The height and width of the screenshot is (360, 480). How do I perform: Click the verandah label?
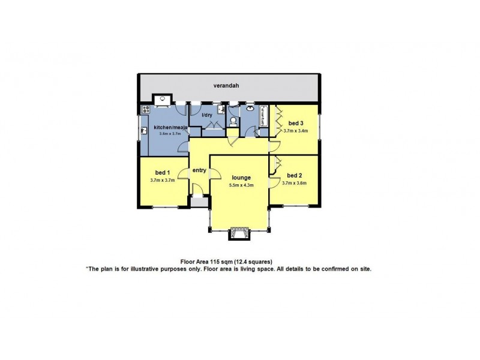tap(228, 86)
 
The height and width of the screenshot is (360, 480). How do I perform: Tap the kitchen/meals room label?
tap(171, 127)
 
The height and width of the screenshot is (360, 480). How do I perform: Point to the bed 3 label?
tap(295, 123)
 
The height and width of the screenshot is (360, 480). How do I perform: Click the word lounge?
tap(242, 178)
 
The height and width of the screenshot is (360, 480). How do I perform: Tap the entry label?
tap(199, 170)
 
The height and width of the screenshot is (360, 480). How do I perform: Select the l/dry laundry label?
tap(207, 115)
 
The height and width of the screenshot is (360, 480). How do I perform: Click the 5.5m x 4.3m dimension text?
tap(242, 185)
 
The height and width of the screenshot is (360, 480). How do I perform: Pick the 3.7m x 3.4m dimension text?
tap(295, 130)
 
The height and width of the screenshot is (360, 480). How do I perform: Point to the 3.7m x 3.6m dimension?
tap(295, 183)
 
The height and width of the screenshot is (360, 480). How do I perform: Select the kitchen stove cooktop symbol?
tap(145, 109)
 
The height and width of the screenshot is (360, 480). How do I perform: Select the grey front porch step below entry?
tap(200, 201)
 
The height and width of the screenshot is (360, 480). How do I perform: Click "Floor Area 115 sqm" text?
tap(206, 262)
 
